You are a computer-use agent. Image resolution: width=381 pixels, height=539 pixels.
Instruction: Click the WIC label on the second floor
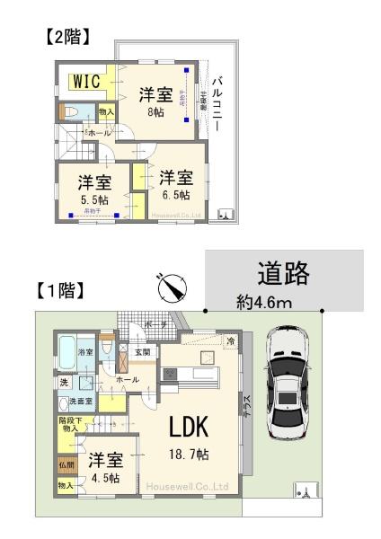pyautogui.click(x=83, y=80)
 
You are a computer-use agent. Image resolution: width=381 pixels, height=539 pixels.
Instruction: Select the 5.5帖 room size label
pyautogui.click(x=93, y=199)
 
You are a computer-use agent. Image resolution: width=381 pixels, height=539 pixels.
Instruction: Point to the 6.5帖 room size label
pyautogui.click(x=176, y=195)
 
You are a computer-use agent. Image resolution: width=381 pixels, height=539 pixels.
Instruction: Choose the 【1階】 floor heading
pyautogui.click(x=60, y=290)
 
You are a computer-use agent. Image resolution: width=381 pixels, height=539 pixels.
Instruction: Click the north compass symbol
pyautogui.click(x=170, y=288)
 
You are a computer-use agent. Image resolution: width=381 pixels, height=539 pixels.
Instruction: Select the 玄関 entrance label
pyautogui.click(x=143, y=351)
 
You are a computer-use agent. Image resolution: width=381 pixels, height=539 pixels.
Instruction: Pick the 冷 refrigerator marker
pyautogui.click(x=231, y=340)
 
